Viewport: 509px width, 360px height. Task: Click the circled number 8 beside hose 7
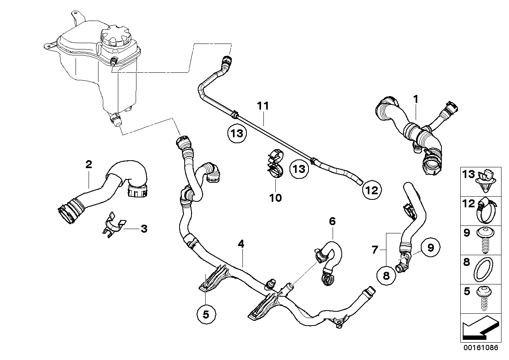386,276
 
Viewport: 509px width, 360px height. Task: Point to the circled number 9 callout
430,248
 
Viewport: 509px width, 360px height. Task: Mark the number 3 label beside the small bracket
144,229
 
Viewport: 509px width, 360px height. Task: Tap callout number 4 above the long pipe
241,244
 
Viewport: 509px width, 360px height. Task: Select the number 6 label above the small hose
332,221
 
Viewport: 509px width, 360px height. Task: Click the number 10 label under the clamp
275,197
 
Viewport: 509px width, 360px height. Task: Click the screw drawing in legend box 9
485,239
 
